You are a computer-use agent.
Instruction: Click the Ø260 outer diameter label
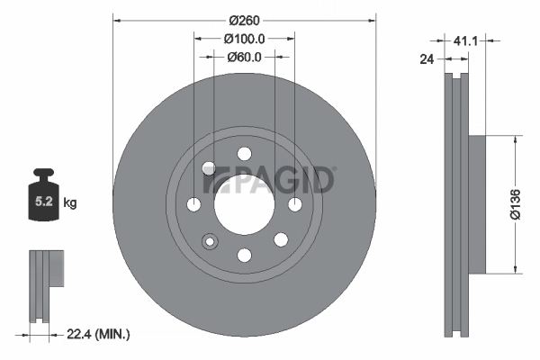244,20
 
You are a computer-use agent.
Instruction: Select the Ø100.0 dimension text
244,39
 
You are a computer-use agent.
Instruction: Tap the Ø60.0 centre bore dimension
244,57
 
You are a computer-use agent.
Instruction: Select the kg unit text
70,203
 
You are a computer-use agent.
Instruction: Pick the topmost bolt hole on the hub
244,154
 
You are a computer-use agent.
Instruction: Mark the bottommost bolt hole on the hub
244,256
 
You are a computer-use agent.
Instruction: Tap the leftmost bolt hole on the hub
193,205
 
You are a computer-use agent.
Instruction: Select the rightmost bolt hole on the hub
294,205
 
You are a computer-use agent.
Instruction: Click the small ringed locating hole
211,240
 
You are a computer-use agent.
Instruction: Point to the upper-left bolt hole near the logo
209,168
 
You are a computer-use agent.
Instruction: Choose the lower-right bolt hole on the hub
280,239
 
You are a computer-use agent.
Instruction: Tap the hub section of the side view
476,204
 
